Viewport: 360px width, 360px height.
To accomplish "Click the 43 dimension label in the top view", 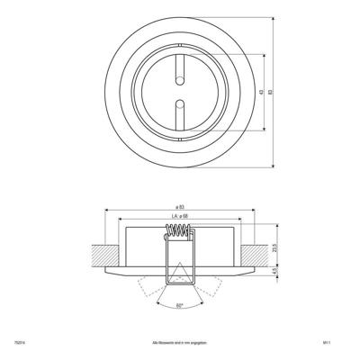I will pyautogui.click(x=261, y=93).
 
